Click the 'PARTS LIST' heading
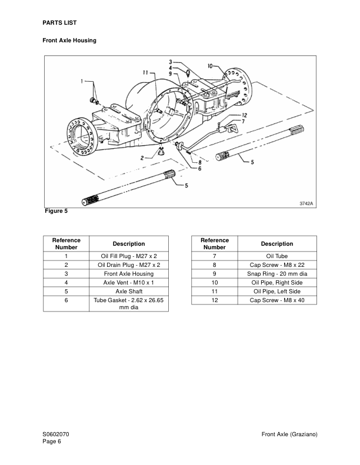[60, 22]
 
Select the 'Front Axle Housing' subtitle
[69, 41]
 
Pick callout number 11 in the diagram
[145, 73]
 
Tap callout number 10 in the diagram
[211, 66]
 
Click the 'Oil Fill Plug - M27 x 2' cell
[129, 256]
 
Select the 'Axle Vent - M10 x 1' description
[129, 282]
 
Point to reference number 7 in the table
[215, 256]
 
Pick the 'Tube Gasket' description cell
[129, 303]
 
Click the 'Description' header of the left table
[129, 243]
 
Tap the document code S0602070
[59, 434]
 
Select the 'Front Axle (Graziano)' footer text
[290, 434]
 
